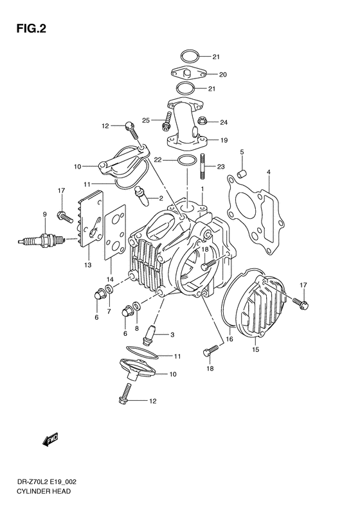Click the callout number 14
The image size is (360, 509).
point(110,279)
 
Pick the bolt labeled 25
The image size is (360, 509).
point(168,119)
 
